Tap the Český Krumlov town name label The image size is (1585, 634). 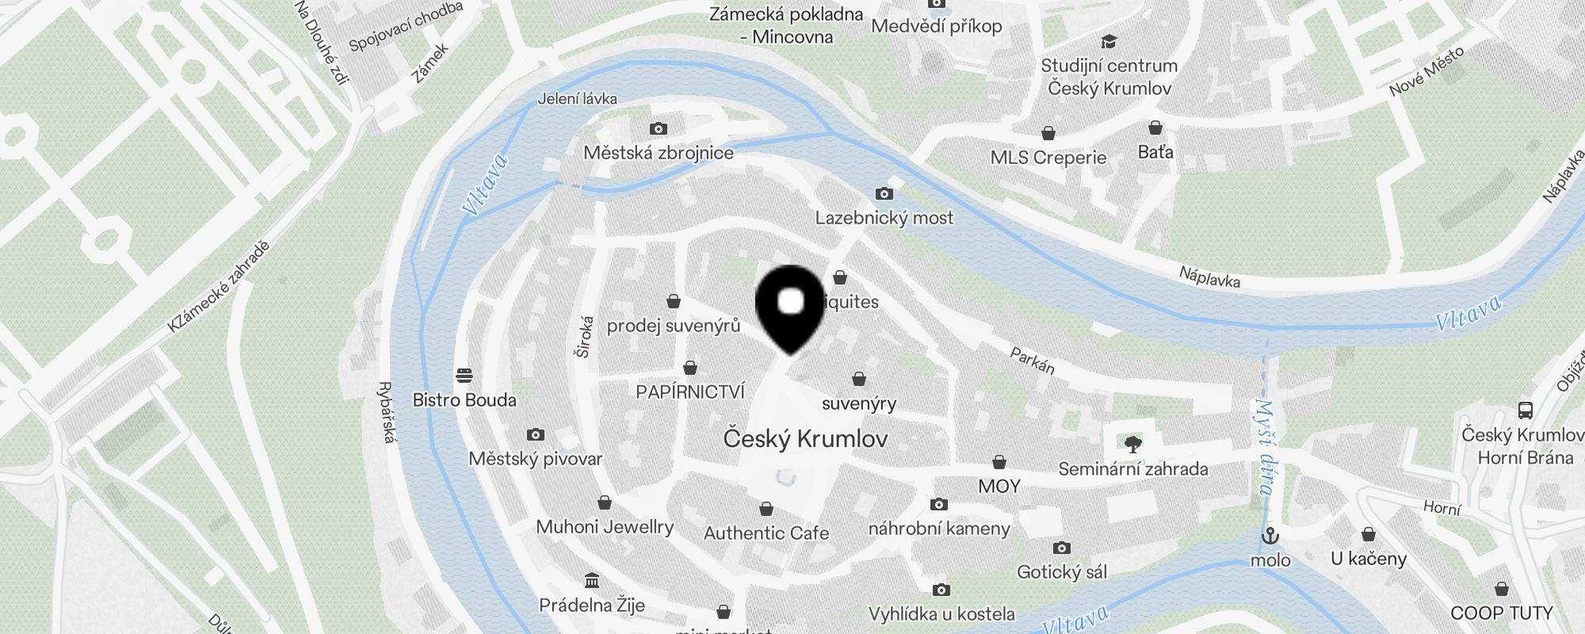tap(805, 439)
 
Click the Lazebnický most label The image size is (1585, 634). tap(884, 218)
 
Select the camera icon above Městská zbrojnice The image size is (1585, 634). tap(658, 129)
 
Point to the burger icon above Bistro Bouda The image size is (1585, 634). tap(464, 375)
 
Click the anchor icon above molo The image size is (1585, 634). tap(1270, 536)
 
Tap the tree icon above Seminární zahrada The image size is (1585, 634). tap(1133, 444)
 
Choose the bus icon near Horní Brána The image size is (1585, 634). tap(1526, 411)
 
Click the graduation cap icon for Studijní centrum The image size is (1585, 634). tap(1109, 41)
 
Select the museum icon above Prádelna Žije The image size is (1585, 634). tap(591, 580)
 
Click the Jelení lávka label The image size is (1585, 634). tap(577, 99)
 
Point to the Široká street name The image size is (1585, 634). tap(585, 338)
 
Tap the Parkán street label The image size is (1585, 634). tap(1032, 361)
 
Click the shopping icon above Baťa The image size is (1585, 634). tap(1155, 128)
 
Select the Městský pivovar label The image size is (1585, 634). tap(535, 459)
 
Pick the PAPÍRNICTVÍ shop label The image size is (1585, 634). tap(690, 391)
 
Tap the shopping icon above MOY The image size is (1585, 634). tap(999, 462)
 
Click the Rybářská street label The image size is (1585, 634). tap(387, 412)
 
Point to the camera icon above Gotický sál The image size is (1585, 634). tap(1061, 548)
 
